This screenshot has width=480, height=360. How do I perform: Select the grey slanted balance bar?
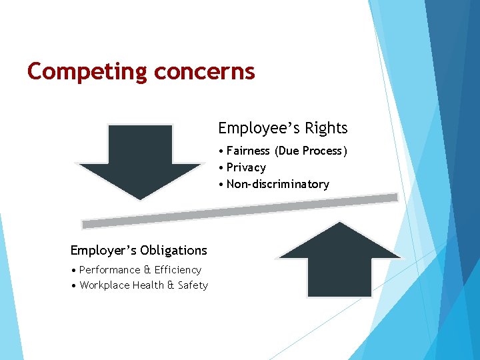[x=240, y=211]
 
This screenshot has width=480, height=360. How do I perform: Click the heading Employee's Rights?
[x=283, y=128]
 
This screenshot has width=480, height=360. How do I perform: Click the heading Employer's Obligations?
[x=139, y=251]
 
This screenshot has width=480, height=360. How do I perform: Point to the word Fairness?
[x=249, y=151]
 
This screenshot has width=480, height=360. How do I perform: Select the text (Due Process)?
[x=313, y=151]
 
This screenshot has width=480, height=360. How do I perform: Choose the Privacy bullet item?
[x=246, y=168]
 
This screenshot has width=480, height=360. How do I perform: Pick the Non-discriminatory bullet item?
[x=277, y=184]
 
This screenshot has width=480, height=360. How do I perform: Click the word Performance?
[x=109, y=270]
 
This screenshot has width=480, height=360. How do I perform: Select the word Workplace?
[x=104, y=285]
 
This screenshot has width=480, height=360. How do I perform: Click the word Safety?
[x=193, y=285]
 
